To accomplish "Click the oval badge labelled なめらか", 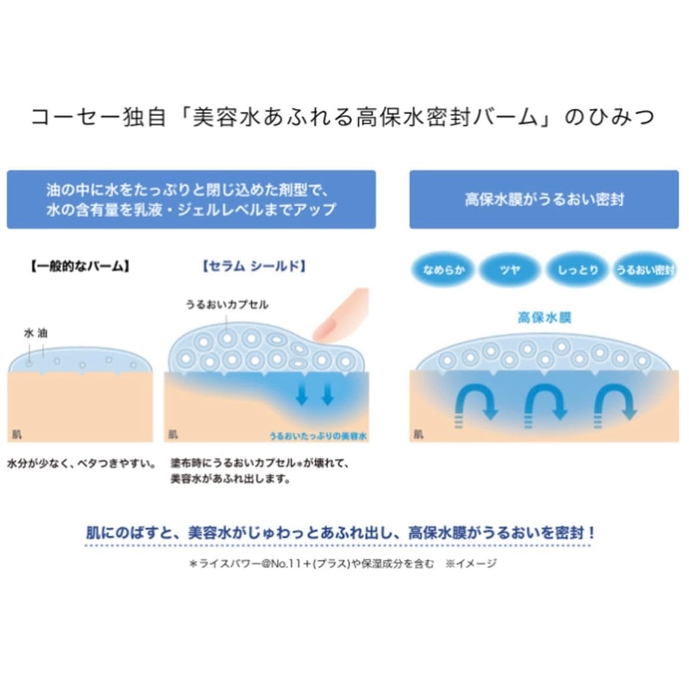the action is (444, 270).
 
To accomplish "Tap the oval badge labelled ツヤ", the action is (510, 270).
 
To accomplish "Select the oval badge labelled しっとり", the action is (578, 270).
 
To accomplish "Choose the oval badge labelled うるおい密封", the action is (645, 270).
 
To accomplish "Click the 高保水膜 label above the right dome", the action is (544, 318).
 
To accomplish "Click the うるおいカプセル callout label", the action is (227, 305).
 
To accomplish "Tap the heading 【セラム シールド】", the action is (254, 266).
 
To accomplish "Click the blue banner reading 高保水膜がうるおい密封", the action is (544, 199).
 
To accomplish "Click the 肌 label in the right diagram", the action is (418, 435).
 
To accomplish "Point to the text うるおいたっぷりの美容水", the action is (318, 436).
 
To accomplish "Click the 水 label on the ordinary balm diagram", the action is (28, 333).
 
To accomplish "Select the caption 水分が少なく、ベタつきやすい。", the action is (81, 463).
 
